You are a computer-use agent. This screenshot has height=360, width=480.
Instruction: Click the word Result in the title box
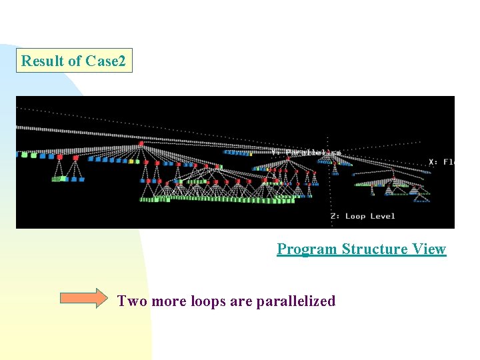[43, 61]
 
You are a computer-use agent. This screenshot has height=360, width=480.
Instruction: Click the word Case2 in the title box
[105, 61]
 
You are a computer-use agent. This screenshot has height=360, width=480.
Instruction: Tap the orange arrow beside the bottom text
[83, 298]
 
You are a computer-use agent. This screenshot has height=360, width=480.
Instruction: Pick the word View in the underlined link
[429, 249]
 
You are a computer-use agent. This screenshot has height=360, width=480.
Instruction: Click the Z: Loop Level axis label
[363, 216]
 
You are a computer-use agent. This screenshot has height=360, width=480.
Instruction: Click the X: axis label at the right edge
[441, 162]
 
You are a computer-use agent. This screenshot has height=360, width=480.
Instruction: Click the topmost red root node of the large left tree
[141, 143]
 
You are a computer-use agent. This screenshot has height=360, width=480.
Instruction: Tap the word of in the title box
[75, 61]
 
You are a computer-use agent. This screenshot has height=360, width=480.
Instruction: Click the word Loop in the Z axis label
[355, 216]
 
